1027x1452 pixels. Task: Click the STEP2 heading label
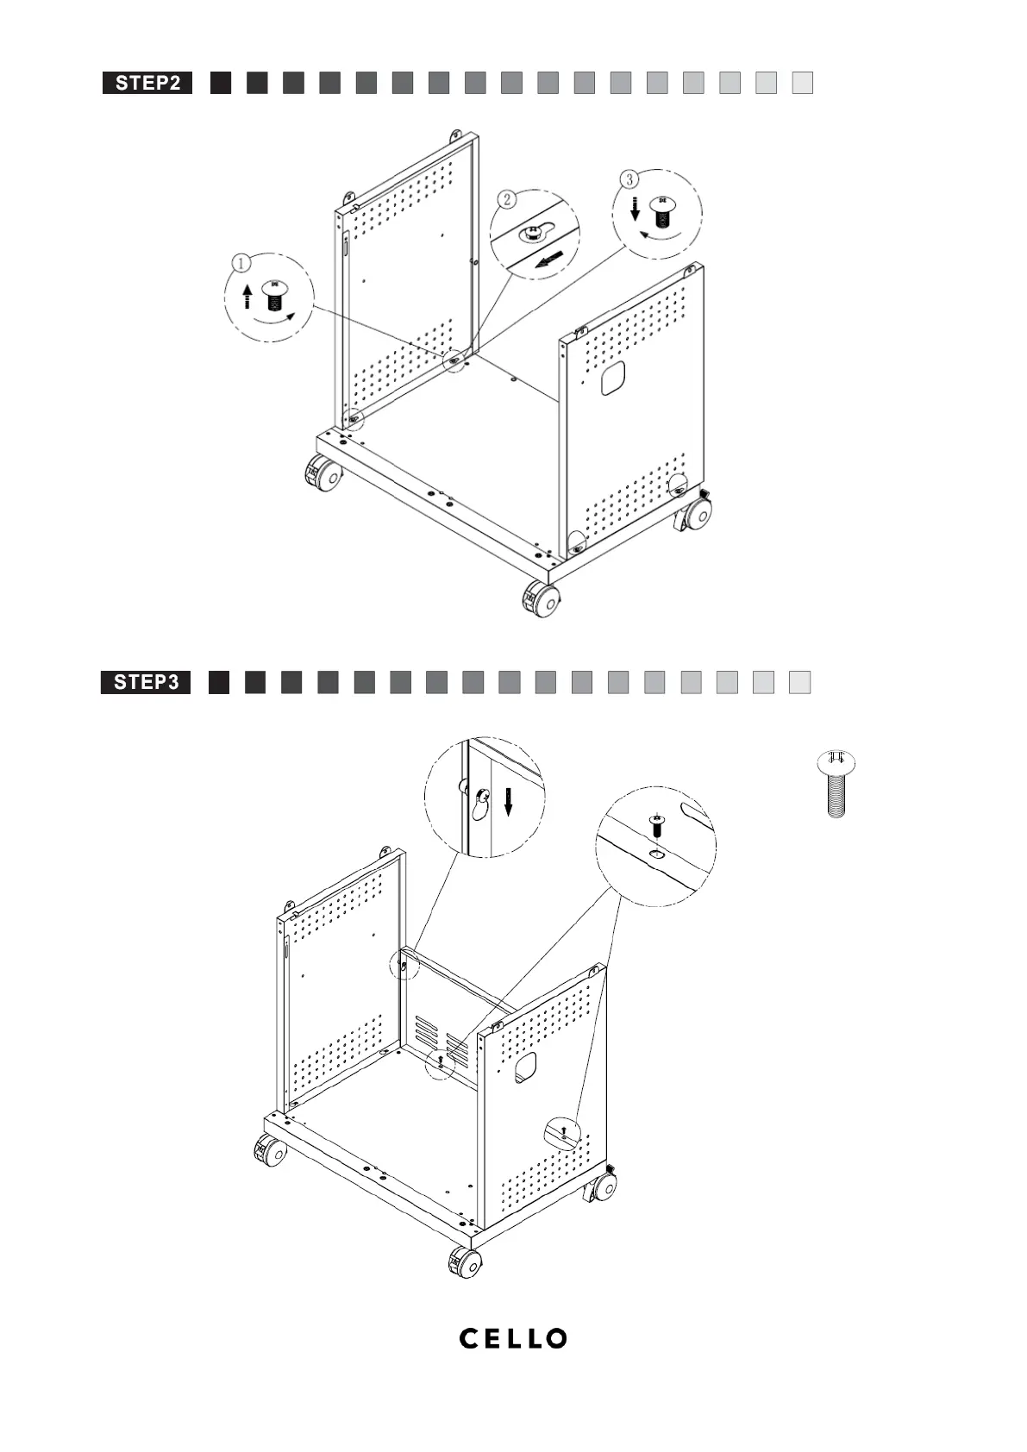point(147,83)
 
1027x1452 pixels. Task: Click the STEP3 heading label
point(146,683)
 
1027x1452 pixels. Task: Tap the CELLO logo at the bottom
point(513,1338)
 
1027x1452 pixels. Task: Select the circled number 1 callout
point(243,261)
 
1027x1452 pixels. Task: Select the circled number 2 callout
point(507,199)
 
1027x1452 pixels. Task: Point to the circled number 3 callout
point(630,178)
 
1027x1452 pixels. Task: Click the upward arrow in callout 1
point(247,297)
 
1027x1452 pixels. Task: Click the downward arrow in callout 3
point(635,208)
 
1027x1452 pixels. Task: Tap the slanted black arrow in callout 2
point(550,259)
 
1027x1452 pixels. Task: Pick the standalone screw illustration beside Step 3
point(836,784)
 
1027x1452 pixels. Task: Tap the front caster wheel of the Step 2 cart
point(541,598)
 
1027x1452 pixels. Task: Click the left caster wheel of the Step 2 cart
point(323,475)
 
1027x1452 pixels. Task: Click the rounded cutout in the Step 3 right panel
point(525,1067)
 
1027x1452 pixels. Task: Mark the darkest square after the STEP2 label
point(221,83)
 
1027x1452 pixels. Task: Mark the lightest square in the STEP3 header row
point(800,683)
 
